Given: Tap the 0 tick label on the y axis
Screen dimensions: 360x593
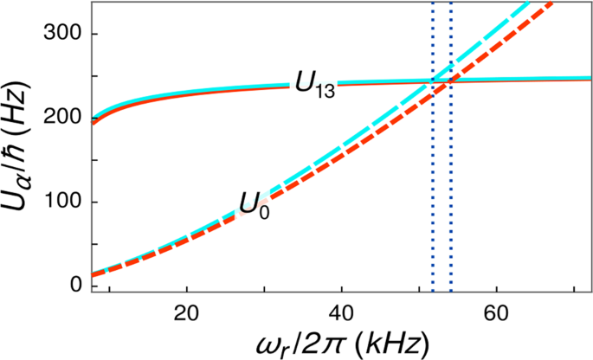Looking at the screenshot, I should pos(76,285).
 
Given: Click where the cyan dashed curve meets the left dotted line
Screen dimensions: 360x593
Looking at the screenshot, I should pos(433,85).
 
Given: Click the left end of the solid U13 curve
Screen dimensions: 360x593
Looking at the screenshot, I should pos(93,120).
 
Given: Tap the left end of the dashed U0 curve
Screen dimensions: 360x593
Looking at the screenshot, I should pos(93,275).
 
